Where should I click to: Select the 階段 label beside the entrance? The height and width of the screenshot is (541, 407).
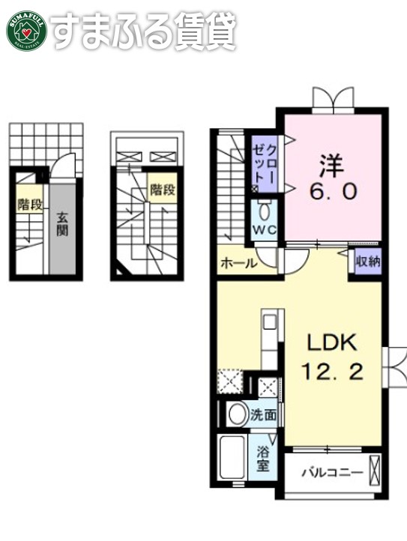pos(30,204)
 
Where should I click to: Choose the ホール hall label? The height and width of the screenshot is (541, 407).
pos(238,263)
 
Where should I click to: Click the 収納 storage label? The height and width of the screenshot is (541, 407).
pos(367,262)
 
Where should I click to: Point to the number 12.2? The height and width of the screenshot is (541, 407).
pos(336,372)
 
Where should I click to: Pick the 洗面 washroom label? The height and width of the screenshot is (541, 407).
pos(262,413)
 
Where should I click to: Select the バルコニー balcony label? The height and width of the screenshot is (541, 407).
pos(332,474)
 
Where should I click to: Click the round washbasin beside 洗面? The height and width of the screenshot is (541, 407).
pos(238,414)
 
